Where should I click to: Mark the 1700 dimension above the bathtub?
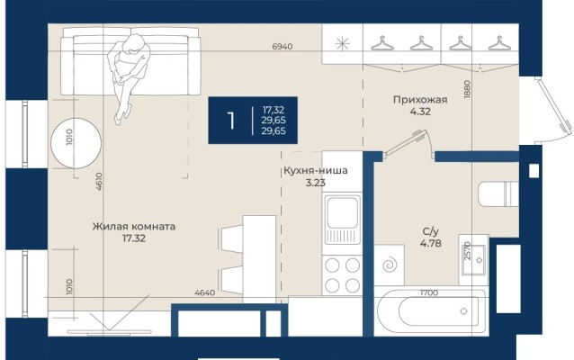(430, 292)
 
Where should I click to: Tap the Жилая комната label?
(133, 227)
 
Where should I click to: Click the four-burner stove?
(342, 275)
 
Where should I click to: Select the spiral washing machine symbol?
(393, 266)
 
